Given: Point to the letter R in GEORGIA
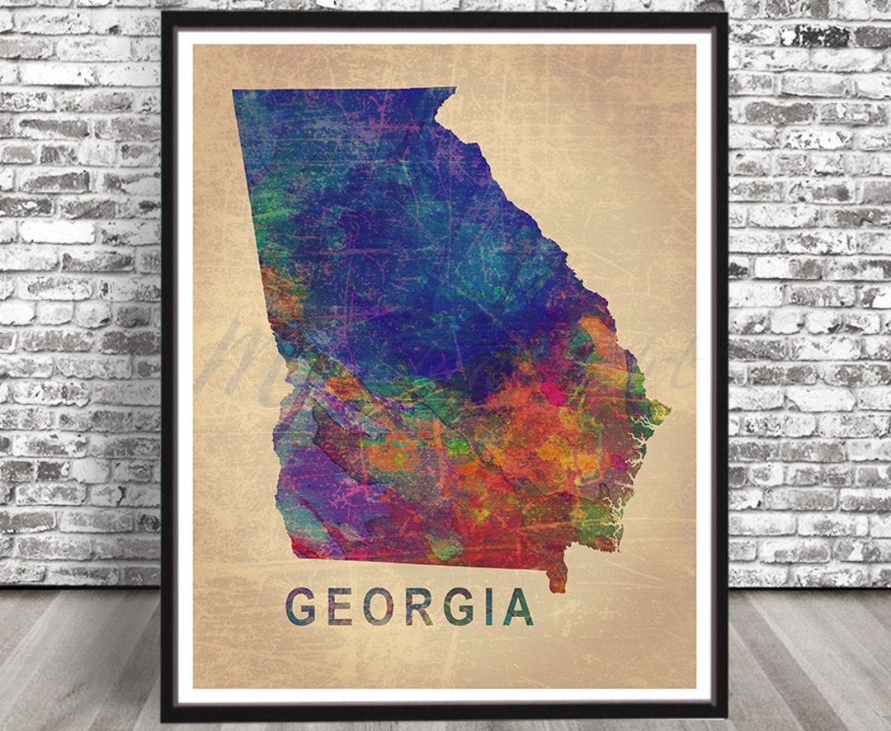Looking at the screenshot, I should click(x=418, y=606).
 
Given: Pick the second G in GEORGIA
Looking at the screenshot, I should click(x=458, y=606).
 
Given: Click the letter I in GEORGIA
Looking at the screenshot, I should click(x=488, y=606).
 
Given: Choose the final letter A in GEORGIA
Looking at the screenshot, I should click(x=518, y=606).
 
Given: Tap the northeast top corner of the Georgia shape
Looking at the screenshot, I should click(x=453, y=89).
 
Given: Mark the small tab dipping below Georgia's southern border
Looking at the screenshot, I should click(x=558, y=580).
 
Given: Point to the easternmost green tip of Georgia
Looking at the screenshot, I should click(x=665, y=409).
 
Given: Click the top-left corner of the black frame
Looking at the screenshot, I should click(x=164, y=15).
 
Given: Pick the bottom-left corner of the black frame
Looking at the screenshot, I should click(x=164, y=718).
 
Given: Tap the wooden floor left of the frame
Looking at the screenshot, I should click(x=74, y=660).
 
